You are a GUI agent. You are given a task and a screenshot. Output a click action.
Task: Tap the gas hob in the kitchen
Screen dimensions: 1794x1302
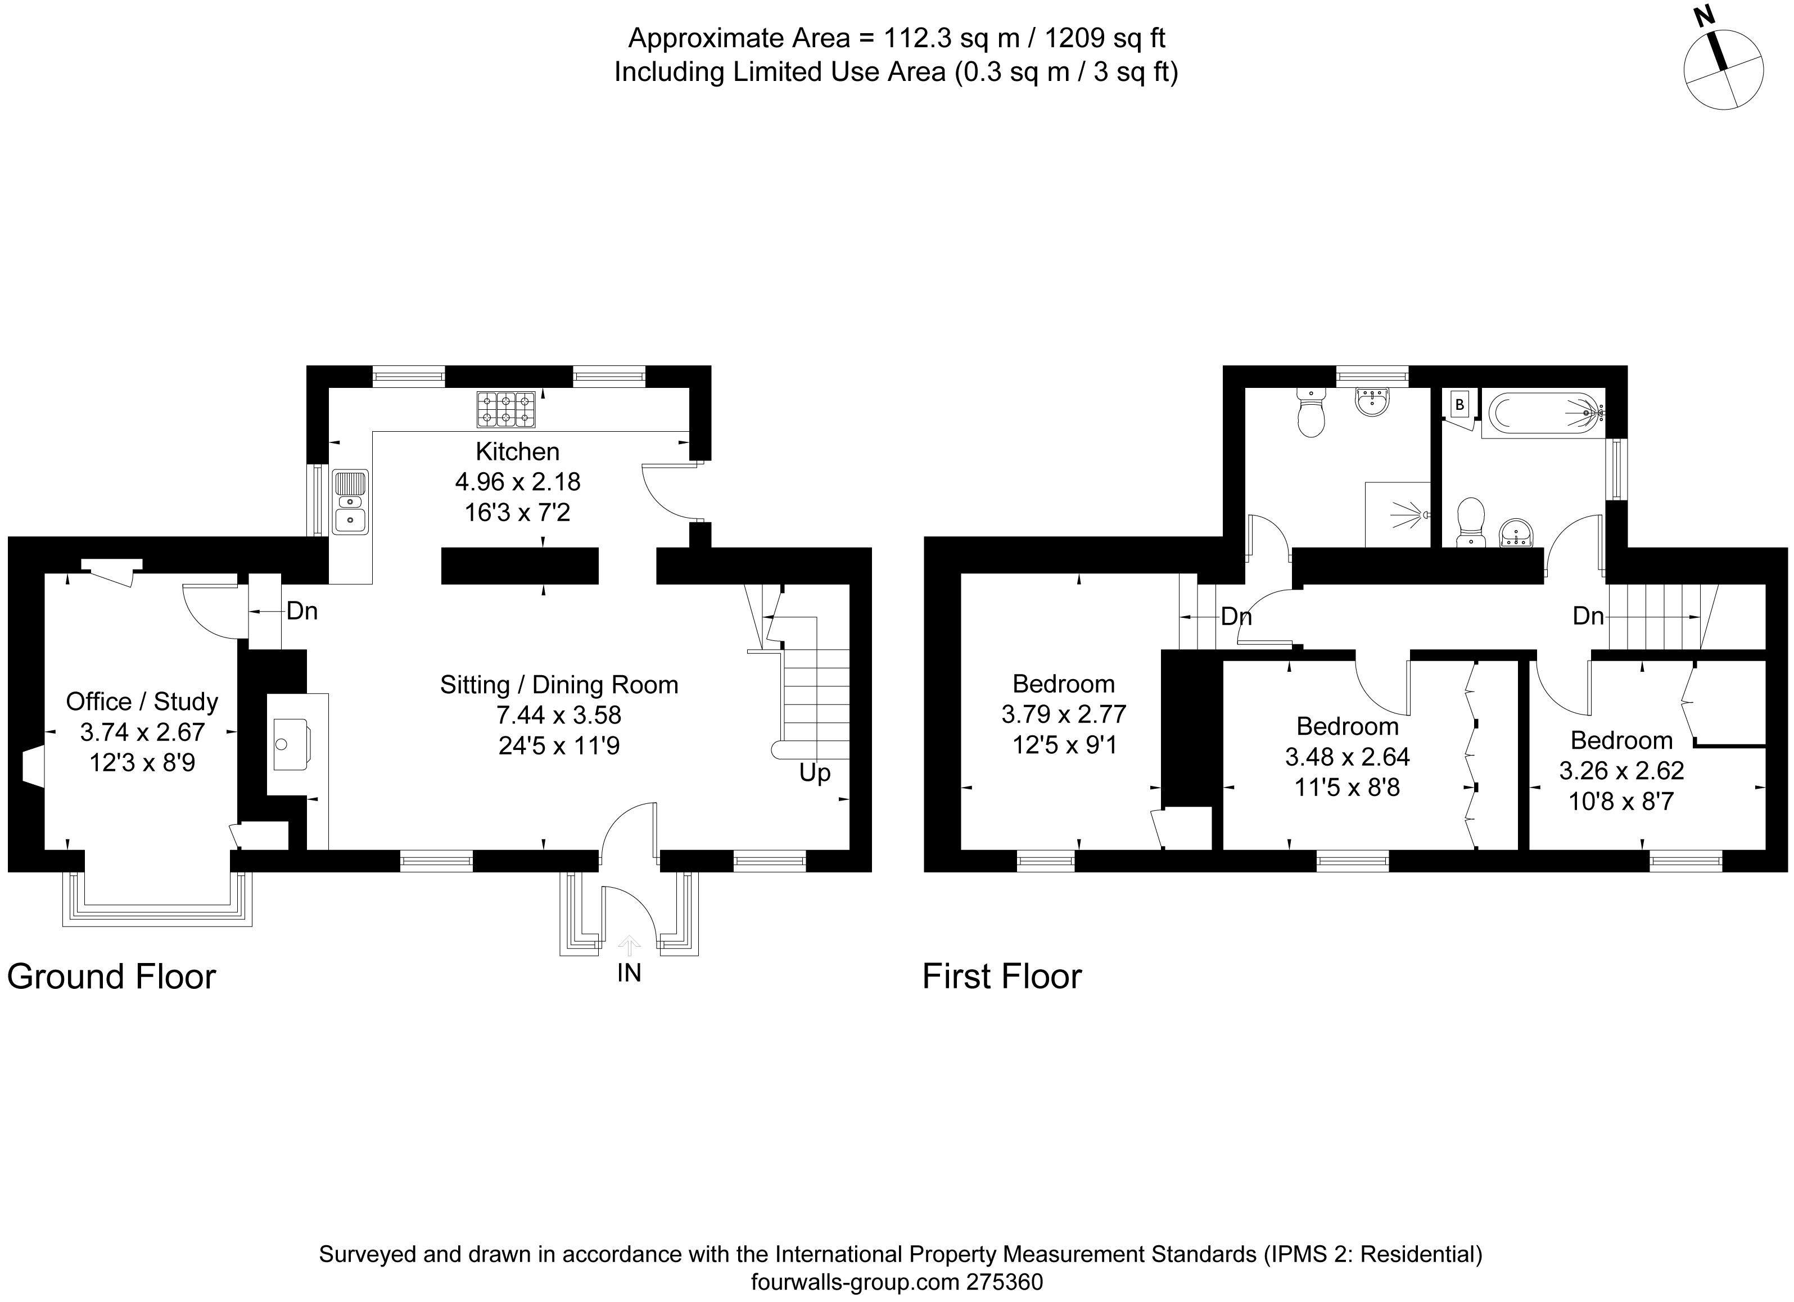505,410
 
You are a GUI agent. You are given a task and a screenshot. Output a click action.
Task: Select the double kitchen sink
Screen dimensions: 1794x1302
350,501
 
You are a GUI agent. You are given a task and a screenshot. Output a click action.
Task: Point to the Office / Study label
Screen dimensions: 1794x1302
142,702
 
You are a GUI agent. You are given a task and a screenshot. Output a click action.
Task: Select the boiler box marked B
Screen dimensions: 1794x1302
1460,405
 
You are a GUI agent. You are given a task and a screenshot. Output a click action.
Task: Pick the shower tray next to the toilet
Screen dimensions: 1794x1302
1398,515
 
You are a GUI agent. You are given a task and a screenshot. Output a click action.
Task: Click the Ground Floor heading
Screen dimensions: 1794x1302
111,977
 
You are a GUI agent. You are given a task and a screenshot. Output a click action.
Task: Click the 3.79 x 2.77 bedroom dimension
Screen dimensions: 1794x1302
1064,715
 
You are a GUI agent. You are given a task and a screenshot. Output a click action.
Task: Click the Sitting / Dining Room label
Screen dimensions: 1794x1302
559,685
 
